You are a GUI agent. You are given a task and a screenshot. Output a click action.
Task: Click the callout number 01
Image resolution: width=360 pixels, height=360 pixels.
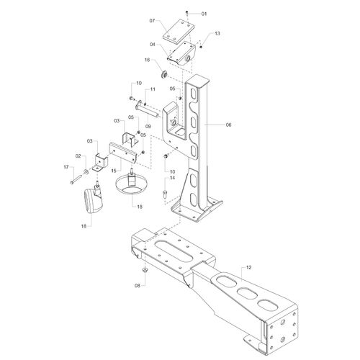[x=204, y=14]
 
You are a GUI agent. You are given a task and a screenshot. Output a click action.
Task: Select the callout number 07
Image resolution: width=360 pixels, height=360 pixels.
[x=152, y=21]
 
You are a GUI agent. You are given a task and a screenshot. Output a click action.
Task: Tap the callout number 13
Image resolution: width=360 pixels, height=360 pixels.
[x=217, y=33]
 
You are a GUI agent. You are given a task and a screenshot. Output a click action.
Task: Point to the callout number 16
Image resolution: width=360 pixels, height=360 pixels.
[x=147, y=60]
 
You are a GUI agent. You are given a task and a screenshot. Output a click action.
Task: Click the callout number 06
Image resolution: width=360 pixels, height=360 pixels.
[x=228, y=125]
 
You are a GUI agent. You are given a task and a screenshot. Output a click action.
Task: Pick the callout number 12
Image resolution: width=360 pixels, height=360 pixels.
[x=248, y=267]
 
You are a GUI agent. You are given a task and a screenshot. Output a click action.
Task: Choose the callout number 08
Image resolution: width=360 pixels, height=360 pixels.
[x=138, y=286]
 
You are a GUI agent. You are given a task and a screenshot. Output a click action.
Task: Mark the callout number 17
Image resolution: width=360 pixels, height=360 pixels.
[x=66, y=167]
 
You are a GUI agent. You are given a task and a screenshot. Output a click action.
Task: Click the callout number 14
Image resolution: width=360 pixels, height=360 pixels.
[x=172, y=178]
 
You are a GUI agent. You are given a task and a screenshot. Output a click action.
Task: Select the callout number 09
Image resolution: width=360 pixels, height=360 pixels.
[x=148, y=127]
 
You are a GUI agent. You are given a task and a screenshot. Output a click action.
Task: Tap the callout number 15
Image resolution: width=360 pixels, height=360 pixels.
[x=114, y=171]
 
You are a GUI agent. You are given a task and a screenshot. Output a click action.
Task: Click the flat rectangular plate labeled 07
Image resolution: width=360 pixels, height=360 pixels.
[x=179, y=32]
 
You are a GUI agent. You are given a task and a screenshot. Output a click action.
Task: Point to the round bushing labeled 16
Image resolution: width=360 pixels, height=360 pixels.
[x=164, y=75]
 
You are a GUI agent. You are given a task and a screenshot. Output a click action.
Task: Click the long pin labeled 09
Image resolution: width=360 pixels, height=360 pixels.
[x=148, y=109]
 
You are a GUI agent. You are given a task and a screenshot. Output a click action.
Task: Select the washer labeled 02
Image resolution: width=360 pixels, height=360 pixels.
[x=86, y=171]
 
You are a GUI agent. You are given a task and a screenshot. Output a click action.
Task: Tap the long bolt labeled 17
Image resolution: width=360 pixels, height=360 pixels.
[x=76, y=180]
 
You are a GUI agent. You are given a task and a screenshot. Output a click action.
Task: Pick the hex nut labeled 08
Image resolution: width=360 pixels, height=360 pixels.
[x=145, y=270]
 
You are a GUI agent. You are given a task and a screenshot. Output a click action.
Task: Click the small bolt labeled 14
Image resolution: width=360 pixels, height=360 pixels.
[x=165, y=193]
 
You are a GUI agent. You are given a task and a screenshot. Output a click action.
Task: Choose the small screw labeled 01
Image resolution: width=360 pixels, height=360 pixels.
[x=187, y=13]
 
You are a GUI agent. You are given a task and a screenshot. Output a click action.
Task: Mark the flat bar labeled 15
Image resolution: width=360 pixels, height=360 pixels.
[x=123, y=153]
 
